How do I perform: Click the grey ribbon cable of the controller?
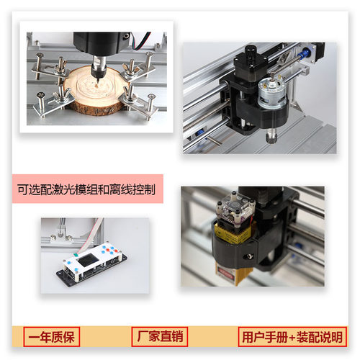86,229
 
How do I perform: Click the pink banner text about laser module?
90,192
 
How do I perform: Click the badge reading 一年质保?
51,336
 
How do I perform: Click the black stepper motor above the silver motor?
248,72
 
